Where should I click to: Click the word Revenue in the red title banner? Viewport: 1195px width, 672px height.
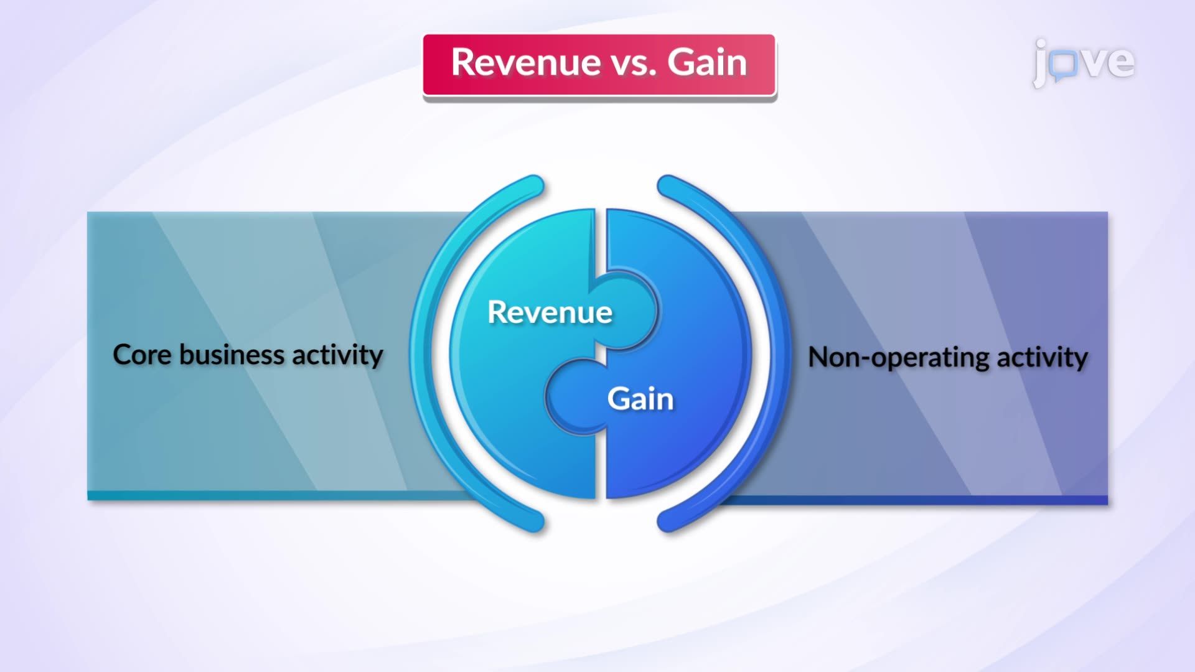[x=526, y=62]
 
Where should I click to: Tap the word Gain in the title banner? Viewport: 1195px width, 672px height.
[x=707, y=62]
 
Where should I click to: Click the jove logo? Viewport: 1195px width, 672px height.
[x=1084, y=62]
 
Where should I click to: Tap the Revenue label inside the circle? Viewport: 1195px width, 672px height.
[x=550, y=312]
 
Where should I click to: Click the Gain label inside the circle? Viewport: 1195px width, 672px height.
[x=640, y=399]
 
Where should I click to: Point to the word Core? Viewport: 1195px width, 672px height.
[x=142, y=355]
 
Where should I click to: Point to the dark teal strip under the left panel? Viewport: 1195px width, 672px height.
[x=280, y=495]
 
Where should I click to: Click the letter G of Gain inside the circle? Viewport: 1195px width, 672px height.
[x=619, y=399]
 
